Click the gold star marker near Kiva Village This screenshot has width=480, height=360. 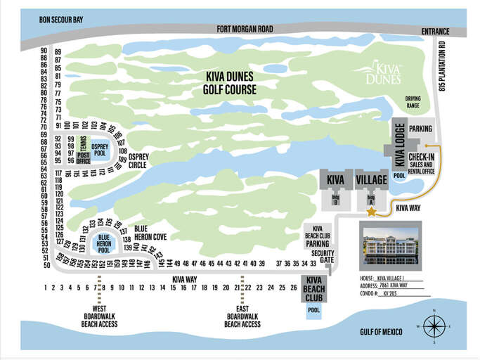tap(371, 211)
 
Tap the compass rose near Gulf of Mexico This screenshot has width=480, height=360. tap(434, 326)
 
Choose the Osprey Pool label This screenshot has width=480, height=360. tap(100, 150)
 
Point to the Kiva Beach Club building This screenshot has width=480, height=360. tap(313, 289)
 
